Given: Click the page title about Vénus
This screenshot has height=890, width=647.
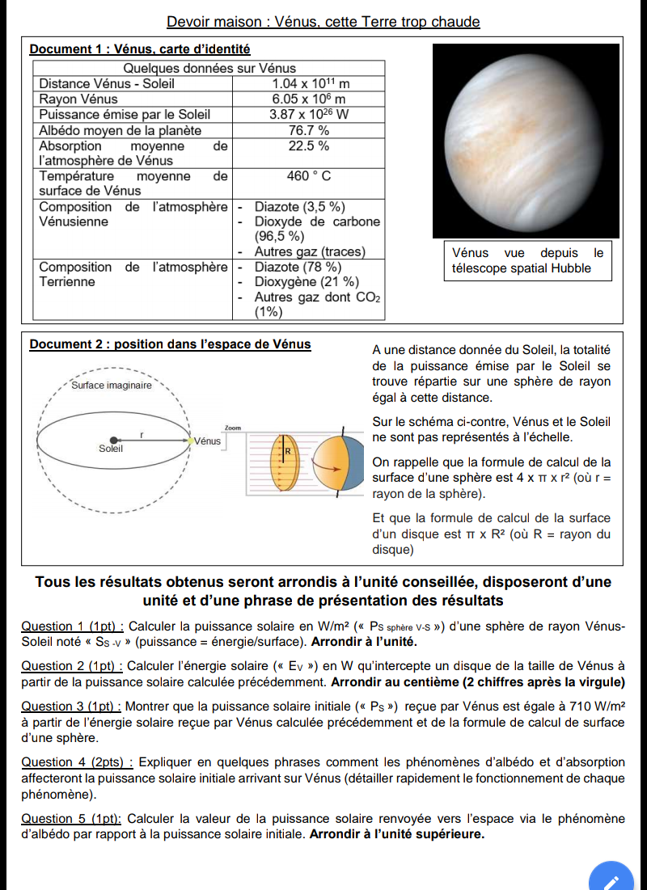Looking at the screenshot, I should pos(323,22).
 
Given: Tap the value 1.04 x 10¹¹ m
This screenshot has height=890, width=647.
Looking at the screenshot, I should pos(311,83).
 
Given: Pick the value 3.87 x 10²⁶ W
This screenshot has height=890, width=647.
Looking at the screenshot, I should pos(309,114).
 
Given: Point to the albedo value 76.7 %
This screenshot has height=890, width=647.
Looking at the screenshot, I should pos(309,129).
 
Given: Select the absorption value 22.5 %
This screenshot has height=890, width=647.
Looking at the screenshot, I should pos(309,146).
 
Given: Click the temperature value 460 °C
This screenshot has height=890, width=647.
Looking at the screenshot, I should pos(309,175).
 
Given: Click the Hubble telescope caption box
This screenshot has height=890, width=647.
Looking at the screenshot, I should pos(528,260).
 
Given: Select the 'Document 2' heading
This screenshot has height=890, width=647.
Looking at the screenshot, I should pos(170,344).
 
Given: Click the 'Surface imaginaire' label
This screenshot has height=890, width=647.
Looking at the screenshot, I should pos(112,386).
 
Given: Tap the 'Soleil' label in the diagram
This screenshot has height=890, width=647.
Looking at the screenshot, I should pos(111,448).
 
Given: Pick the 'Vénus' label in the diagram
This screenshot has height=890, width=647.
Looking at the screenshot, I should pos(208,441).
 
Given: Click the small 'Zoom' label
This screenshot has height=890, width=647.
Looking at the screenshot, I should pos(233,427).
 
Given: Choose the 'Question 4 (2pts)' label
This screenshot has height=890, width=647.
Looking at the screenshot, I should pos(75,762).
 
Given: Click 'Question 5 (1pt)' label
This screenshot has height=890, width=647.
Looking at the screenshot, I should pos(71,818).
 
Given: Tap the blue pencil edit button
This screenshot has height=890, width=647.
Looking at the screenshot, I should pos(612,879).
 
